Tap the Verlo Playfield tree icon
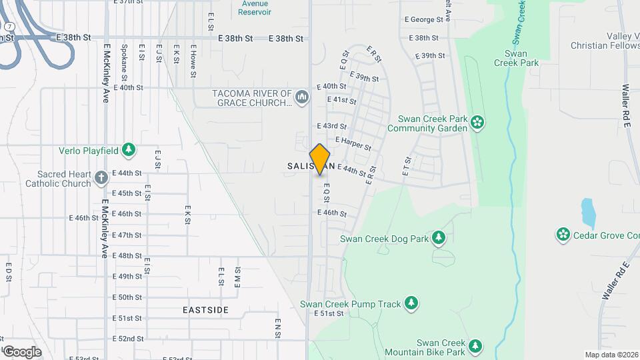click(129, 150)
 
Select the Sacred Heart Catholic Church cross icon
click(101, 178)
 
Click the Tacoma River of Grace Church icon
click(302, 97)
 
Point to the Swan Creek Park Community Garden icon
click(477, 121)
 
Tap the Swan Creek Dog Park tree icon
click(438, 237)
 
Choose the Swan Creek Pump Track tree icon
click(412, 304)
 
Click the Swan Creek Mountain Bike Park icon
click(475, 345)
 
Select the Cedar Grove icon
click(563, 234)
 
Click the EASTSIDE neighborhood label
click(206, 310)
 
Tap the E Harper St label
click(353, 143)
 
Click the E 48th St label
click(127, 255)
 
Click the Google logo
click(22, 351)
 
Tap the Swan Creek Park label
click(516, 57)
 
